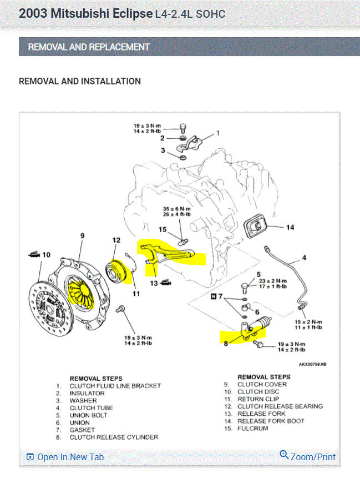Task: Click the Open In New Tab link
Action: pos(70,457)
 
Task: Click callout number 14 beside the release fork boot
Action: pos(290,227)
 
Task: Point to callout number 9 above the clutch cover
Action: pos(83,236)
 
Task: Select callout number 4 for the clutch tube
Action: pos(304,258)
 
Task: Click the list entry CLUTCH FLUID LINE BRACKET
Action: pos(115,386)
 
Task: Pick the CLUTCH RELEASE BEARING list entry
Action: pos(280,406)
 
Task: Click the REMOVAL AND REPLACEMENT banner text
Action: pos(89,47)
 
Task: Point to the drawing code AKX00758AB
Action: pos(312,365)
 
